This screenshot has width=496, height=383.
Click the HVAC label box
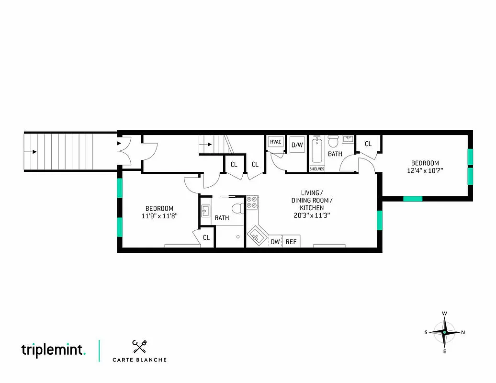coord(275,142)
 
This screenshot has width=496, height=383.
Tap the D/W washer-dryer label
coord(297,145)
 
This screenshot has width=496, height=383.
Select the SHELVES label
coord(316,169)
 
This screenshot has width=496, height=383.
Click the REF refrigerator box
coord(291,242)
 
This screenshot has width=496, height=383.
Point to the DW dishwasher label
coord(275,242)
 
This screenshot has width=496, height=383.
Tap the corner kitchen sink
coord(256,236)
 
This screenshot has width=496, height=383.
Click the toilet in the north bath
coord(334,141)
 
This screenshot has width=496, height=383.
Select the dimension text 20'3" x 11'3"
coord(312,215)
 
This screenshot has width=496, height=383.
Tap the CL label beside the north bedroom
coord(368,144)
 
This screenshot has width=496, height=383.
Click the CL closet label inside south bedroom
coord(206,237)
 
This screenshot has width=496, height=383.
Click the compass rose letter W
coord(445,314)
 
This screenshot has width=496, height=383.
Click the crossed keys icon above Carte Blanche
coord(139,346)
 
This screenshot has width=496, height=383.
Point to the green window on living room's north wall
coord(380,220)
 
